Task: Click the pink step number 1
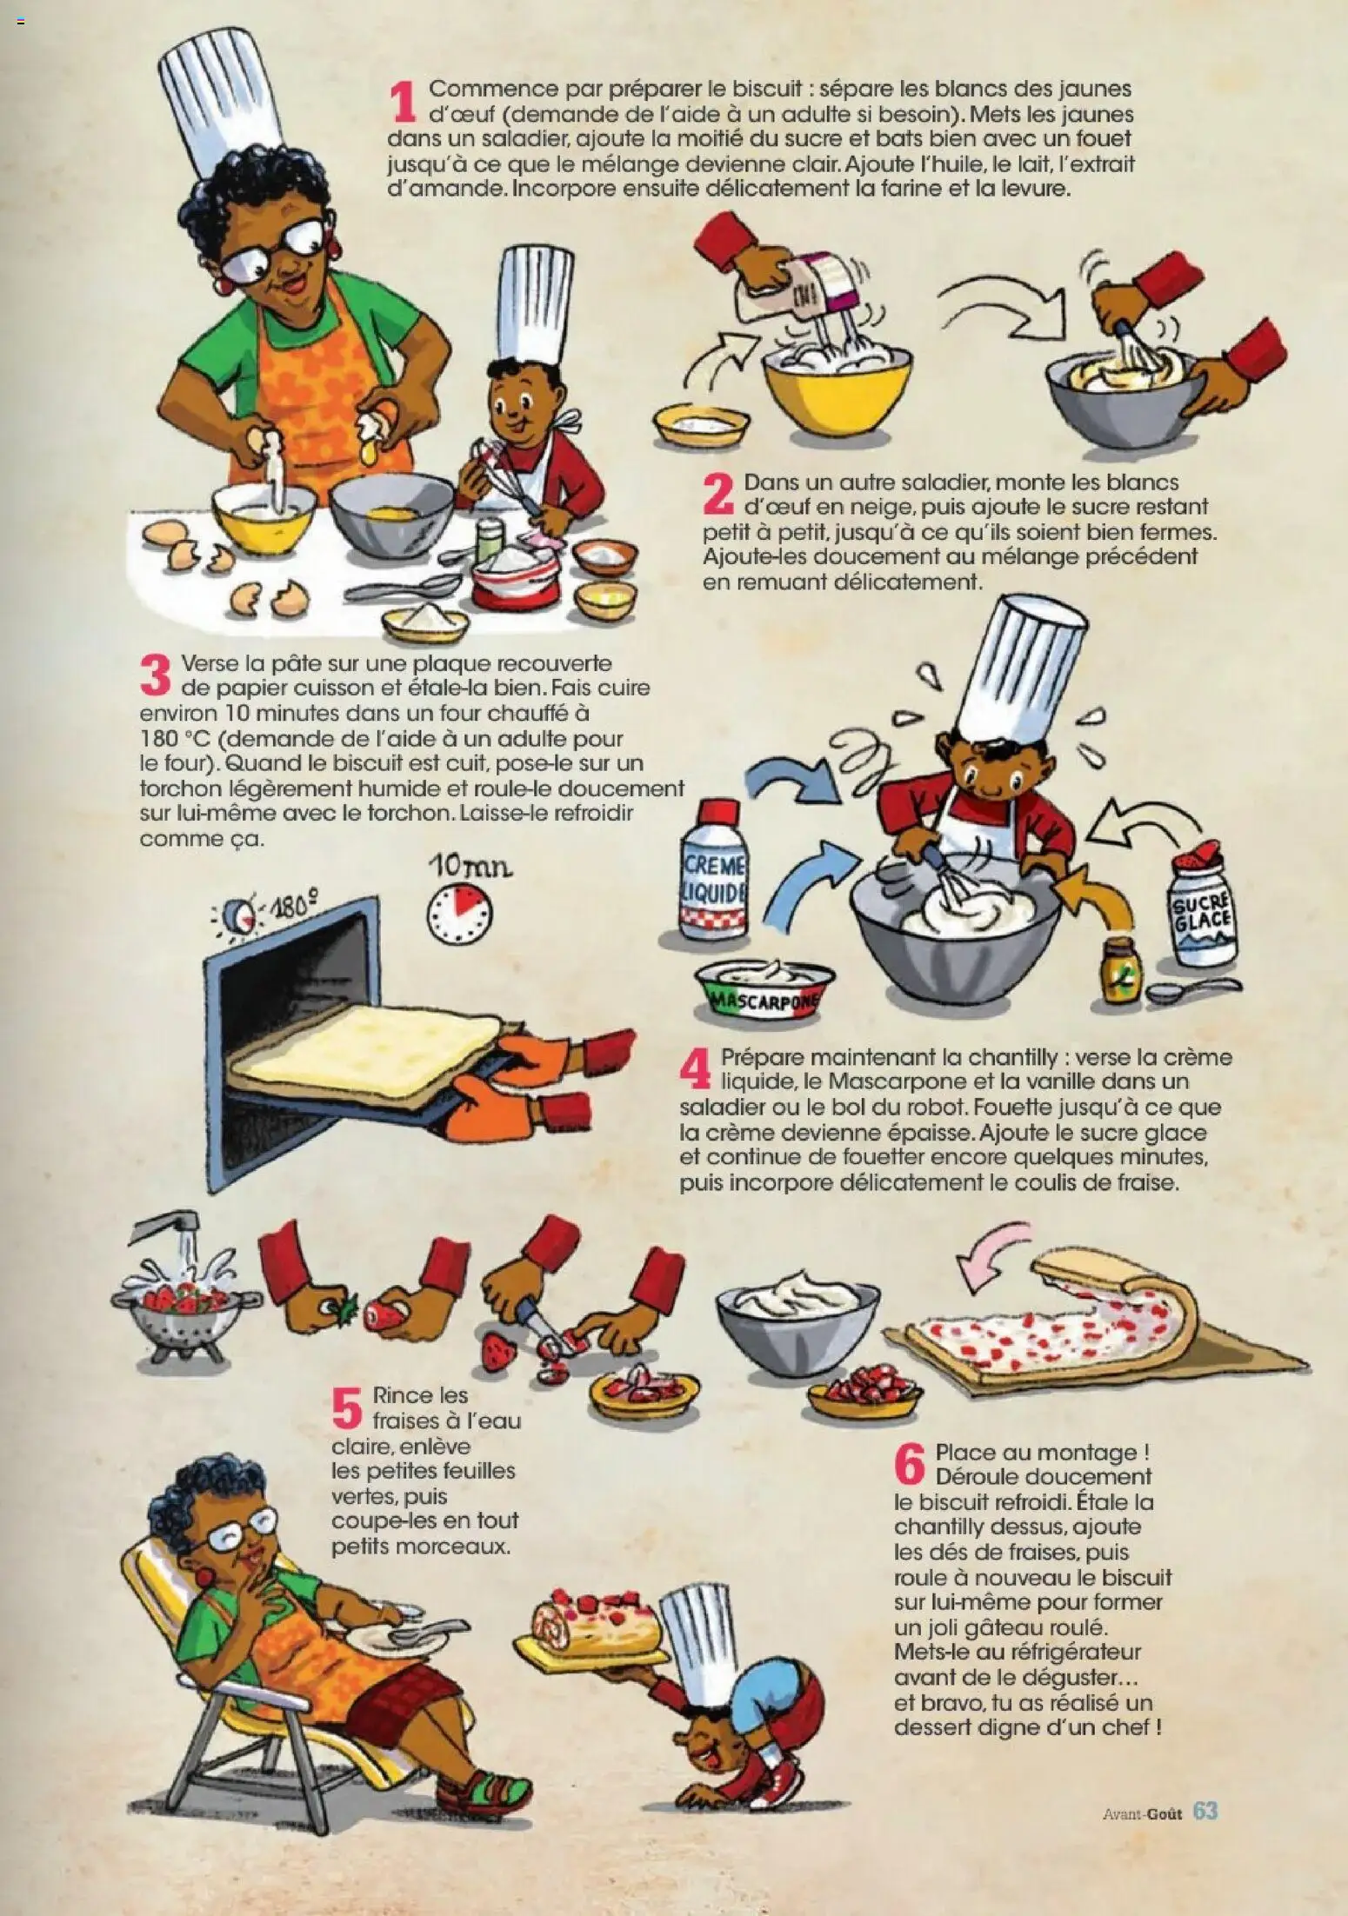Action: click(x=403, y=102)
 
